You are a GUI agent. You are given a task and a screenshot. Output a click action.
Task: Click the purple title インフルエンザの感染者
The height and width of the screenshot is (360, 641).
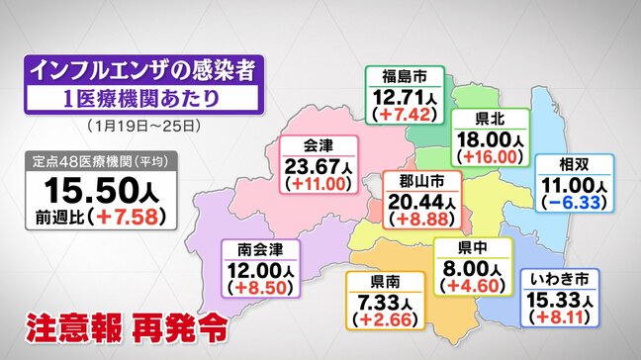[x=137, y=70]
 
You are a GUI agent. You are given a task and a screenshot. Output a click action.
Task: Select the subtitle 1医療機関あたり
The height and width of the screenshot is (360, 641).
[x=137, y=99]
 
